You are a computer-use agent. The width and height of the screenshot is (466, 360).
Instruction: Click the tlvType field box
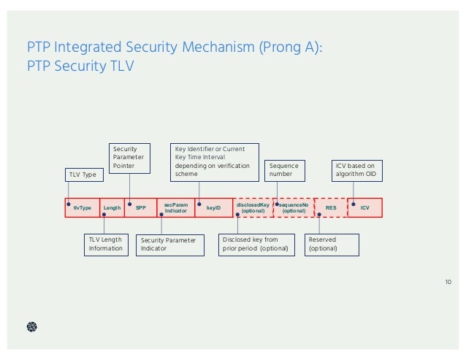(82, 208)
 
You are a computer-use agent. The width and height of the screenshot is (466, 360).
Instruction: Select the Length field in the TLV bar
(112, 208)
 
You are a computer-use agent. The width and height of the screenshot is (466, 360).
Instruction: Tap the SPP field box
(140, 208)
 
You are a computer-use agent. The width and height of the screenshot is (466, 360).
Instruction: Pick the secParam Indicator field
(176, 208)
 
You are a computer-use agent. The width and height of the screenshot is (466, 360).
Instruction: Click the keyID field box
(213, 208)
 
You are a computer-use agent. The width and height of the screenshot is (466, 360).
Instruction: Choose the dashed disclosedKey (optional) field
(253, 208)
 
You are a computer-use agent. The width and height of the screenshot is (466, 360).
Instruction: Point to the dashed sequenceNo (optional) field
(294, 208)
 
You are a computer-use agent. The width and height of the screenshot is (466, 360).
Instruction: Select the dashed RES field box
(331, 208)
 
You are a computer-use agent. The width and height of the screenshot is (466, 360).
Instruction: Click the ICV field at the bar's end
(365, 208)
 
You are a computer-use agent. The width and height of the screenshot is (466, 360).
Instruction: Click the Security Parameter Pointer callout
(129, 158)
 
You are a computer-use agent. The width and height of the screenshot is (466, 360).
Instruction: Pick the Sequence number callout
(282, 170)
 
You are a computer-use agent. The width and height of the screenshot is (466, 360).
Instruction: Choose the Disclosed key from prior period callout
(256, 244)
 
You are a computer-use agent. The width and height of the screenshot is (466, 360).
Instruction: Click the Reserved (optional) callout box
(333, 244)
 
